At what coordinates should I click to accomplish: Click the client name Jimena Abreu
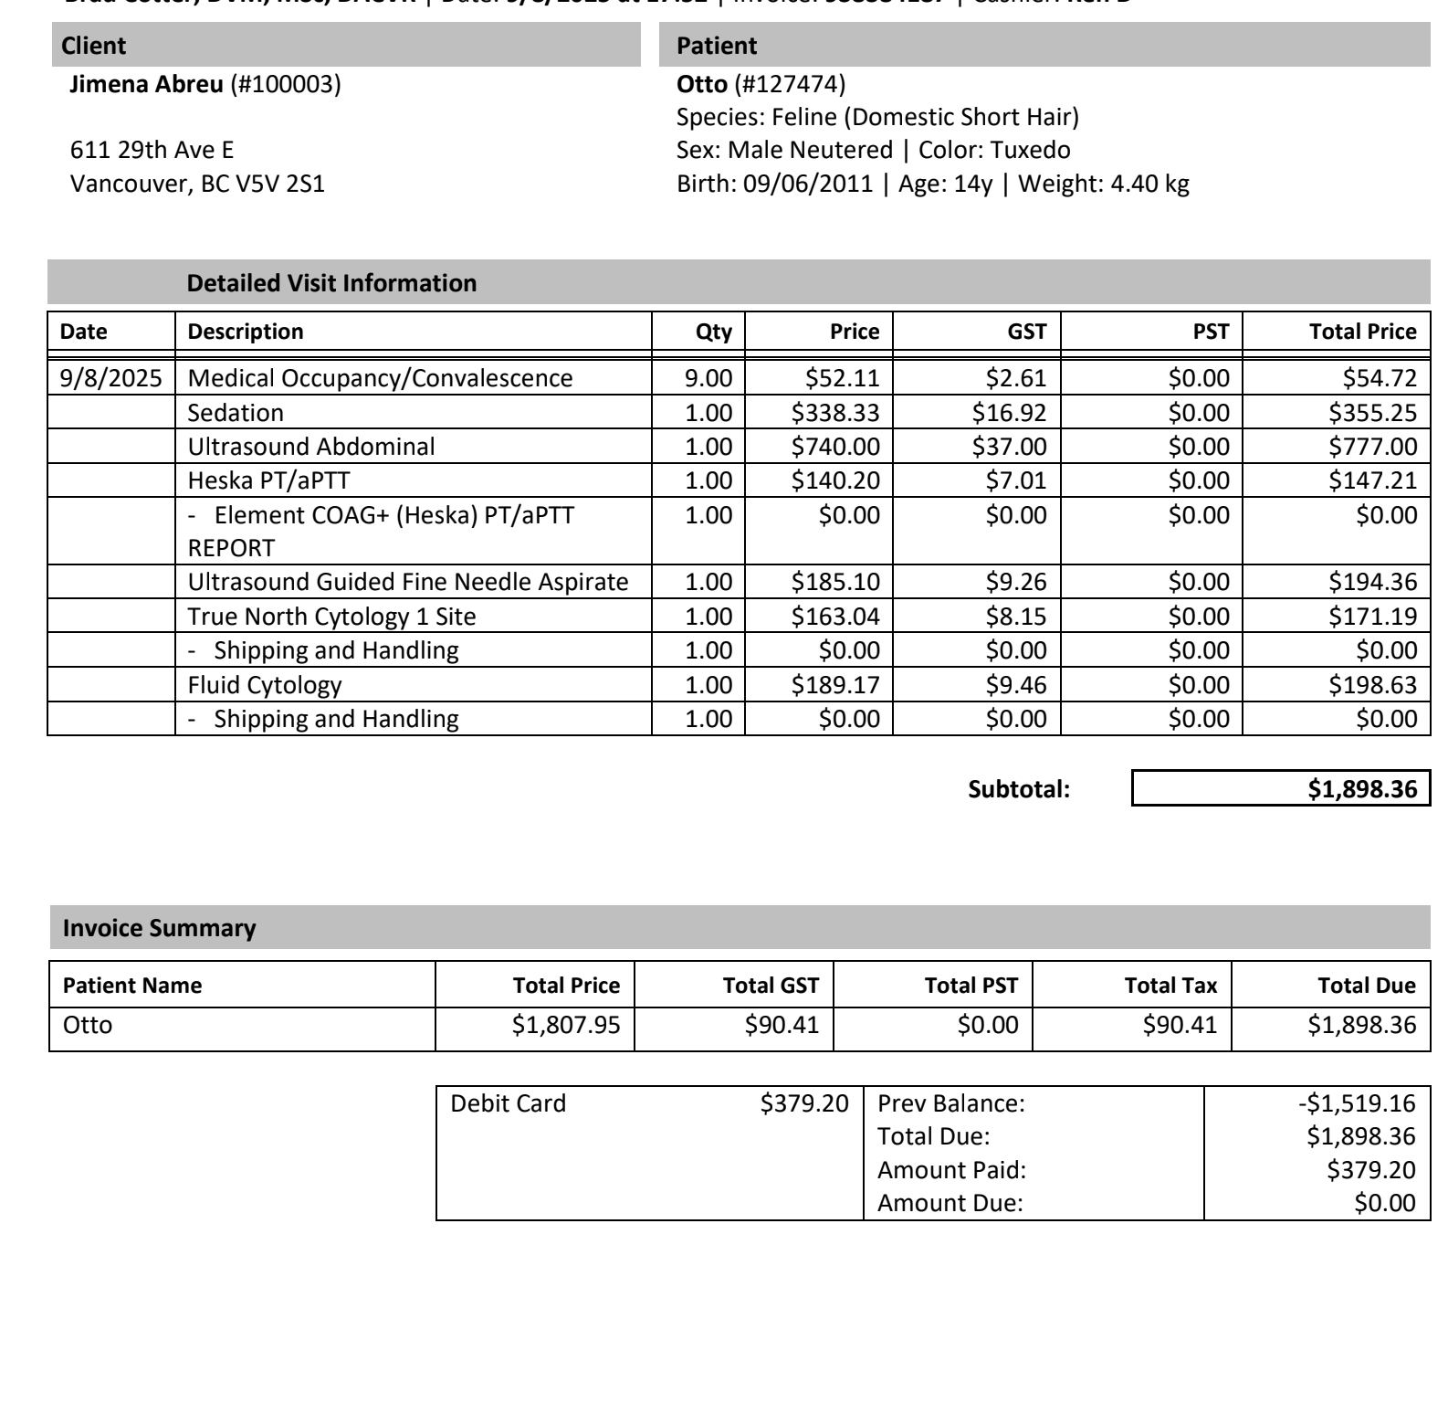click(146, 85)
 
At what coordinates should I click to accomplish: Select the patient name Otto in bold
click(701, 85)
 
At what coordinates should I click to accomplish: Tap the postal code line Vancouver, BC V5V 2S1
click(197, 184)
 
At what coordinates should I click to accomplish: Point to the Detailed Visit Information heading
click(331, 283)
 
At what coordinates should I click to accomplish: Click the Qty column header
click(713, 332)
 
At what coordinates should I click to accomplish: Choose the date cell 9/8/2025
click(110, 378)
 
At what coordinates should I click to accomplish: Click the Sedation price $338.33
click(834, 413)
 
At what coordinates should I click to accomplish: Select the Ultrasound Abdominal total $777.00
click(1372, 447)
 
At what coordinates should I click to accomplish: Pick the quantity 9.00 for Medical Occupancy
click(708, 378)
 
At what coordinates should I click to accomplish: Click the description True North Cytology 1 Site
click(331, 617)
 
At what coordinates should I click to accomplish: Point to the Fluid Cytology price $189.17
click(834, 685)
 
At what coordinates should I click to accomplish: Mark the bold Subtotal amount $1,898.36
click(1362, 789)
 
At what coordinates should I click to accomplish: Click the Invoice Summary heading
click(159, 928)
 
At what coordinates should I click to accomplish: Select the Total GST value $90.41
click(782, 1025)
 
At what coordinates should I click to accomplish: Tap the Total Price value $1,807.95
click(565, 1025)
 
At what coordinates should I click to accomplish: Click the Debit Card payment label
click(508, 1103)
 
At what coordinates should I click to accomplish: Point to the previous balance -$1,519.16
click(1356, 1103)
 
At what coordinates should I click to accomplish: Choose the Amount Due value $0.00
click(1384, 1203)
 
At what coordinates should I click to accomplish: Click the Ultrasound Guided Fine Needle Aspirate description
click(407, 582)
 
